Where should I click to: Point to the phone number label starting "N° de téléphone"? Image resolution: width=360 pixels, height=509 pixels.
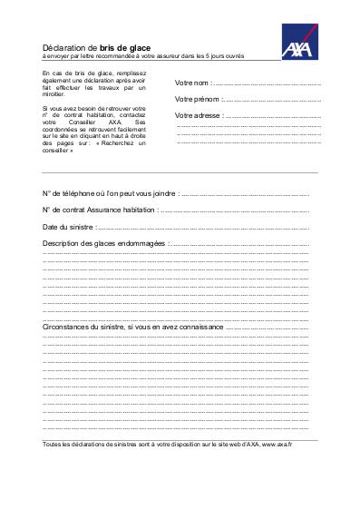click(x=109, y=194)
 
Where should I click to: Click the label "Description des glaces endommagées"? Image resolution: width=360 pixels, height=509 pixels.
click(x=104, y=244)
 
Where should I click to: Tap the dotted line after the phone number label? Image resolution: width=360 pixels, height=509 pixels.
click(x=245, y=195)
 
